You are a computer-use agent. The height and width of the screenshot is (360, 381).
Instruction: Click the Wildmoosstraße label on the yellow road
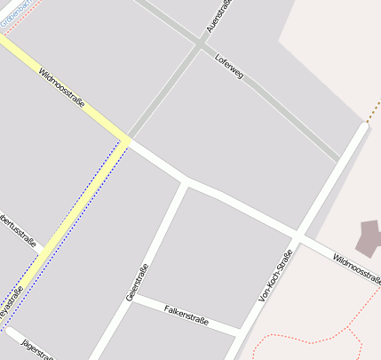(x=62, y=91)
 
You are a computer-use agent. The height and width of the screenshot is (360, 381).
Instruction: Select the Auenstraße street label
(x=218, y=17)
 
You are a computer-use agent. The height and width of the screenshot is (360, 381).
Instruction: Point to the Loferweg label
(x=229, y=67)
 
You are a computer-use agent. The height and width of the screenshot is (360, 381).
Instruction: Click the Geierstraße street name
(x=137, y=282)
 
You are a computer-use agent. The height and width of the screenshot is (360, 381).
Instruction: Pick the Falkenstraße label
(x=187, y=315)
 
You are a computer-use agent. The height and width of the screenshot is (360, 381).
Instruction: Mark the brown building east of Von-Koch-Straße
(x=369, y=237)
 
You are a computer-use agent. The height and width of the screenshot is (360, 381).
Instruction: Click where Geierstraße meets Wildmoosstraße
(x=186, y=181)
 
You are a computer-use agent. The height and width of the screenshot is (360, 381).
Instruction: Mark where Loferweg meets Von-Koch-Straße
(x=341, y=161)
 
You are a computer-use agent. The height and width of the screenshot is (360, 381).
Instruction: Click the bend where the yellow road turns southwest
(x=127, y=140)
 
